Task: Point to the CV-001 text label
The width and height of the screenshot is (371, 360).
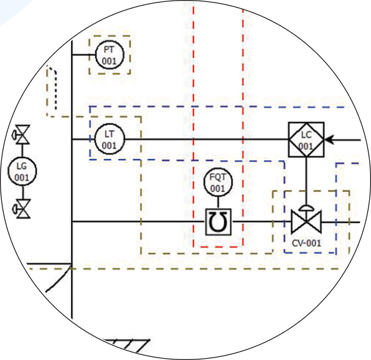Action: pos(306,243)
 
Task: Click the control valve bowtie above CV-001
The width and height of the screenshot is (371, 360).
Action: pos(306,222)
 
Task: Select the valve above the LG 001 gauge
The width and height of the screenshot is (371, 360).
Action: pos(21,135)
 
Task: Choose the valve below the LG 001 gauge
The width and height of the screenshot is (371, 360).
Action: pos(22,209)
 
